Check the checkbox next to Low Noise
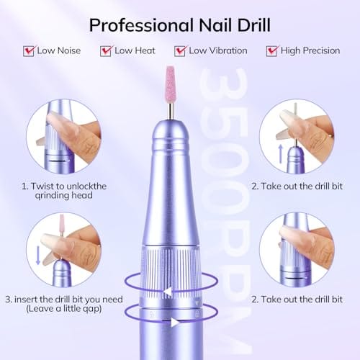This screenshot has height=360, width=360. [x=30, y=51]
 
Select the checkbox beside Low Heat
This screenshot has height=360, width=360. [x=107, y=51]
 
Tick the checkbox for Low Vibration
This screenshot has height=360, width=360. [x=181, y=51]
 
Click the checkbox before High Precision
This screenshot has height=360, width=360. [x=272, y=51]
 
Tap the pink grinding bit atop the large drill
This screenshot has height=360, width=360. [x=170, y=80]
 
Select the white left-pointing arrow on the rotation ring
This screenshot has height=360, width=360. [x=167, y=291]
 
